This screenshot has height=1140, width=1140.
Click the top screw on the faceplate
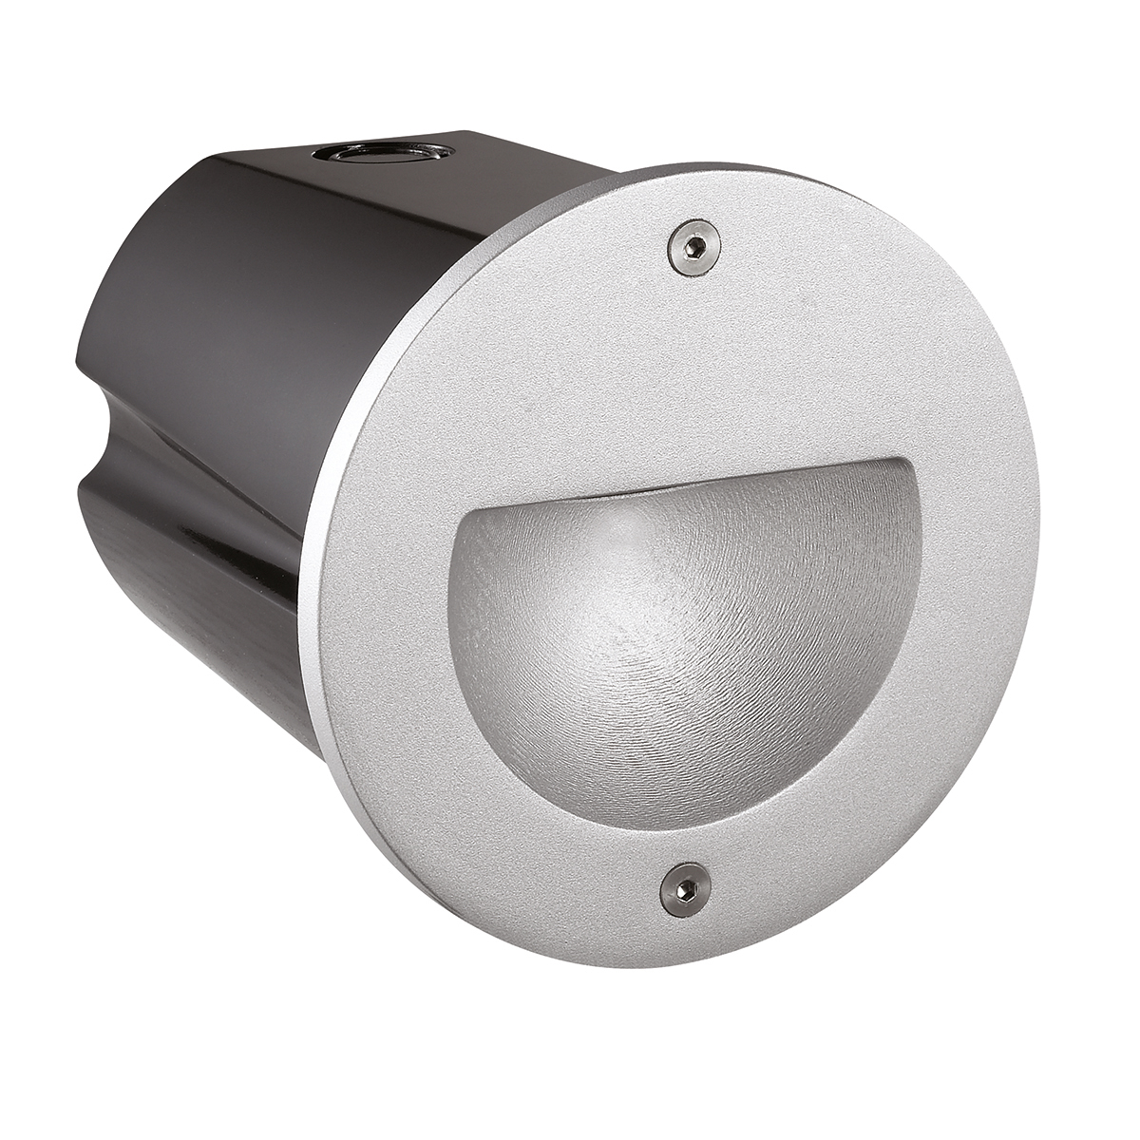pyautogui.click(x=693, y=247)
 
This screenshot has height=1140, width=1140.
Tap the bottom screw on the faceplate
pyautogui.click(x=683, y=891)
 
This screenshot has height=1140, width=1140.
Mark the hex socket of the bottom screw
pyautogui.click(x=685, y=891)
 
